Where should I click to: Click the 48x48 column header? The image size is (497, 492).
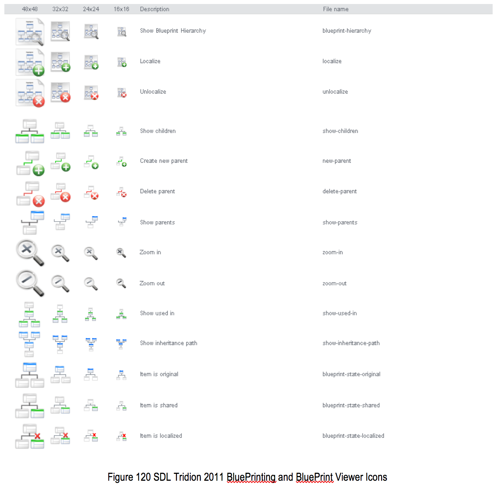click(30, 9)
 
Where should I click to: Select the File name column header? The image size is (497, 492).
click(335, 9)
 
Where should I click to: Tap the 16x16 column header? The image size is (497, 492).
click(121, 9)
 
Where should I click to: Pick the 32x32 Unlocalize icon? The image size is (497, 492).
click(60, 93)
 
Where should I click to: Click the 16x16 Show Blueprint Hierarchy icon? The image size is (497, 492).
click(122, 32)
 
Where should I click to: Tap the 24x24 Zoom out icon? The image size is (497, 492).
click(91, 283)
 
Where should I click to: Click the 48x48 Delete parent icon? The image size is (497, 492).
click(30, 194)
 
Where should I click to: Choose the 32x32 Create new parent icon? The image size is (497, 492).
click(60, 162)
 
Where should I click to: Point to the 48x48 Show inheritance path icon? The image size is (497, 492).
click(29, 344)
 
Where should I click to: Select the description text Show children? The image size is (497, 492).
click(158, 131)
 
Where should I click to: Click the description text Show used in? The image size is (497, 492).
click(157, 313)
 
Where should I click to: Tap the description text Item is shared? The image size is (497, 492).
click(159, 405)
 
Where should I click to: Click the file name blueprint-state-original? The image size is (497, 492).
click(351, 374)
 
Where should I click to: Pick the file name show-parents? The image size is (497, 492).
click(340, 222)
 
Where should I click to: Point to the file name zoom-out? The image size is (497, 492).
click(334, 283)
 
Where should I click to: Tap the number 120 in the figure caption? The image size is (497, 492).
click(143, 477)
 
